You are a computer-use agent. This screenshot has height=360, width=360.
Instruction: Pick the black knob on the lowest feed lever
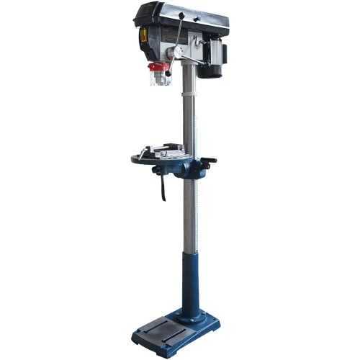(x=168, y=73)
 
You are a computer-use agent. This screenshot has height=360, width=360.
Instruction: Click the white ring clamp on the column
(x=188, y=94)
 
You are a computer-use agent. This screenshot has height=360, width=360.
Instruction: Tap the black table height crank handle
(x=210, y=161)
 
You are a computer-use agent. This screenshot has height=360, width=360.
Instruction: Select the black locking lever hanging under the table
(x=163, y=189)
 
